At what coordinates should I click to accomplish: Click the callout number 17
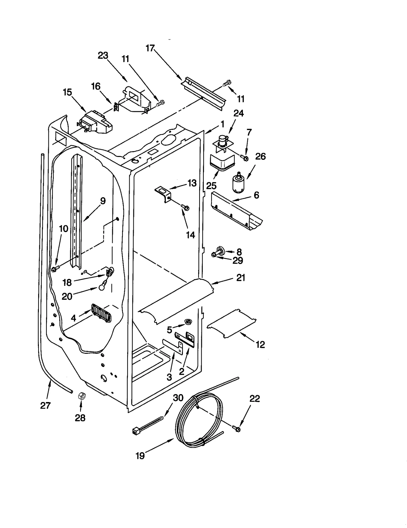[x=150, y=48]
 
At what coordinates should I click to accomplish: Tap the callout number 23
[x=103, y=55]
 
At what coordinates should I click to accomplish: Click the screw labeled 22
[x=237, y=429]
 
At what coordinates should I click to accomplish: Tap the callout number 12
[x=260, y=345]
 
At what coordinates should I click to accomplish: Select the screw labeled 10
[x=55, y=269]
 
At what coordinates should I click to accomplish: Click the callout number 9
[x=103, y=201]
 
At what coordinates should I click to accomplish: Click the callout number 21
[x=241, y=278]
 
